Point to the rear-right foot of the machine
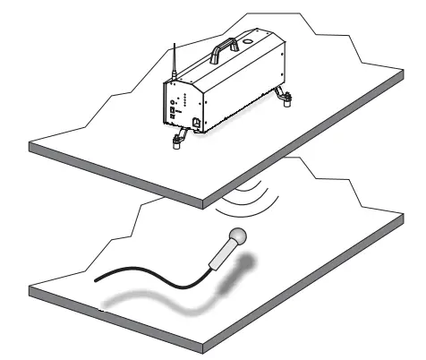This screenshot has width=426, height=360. tap(286, 99)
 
